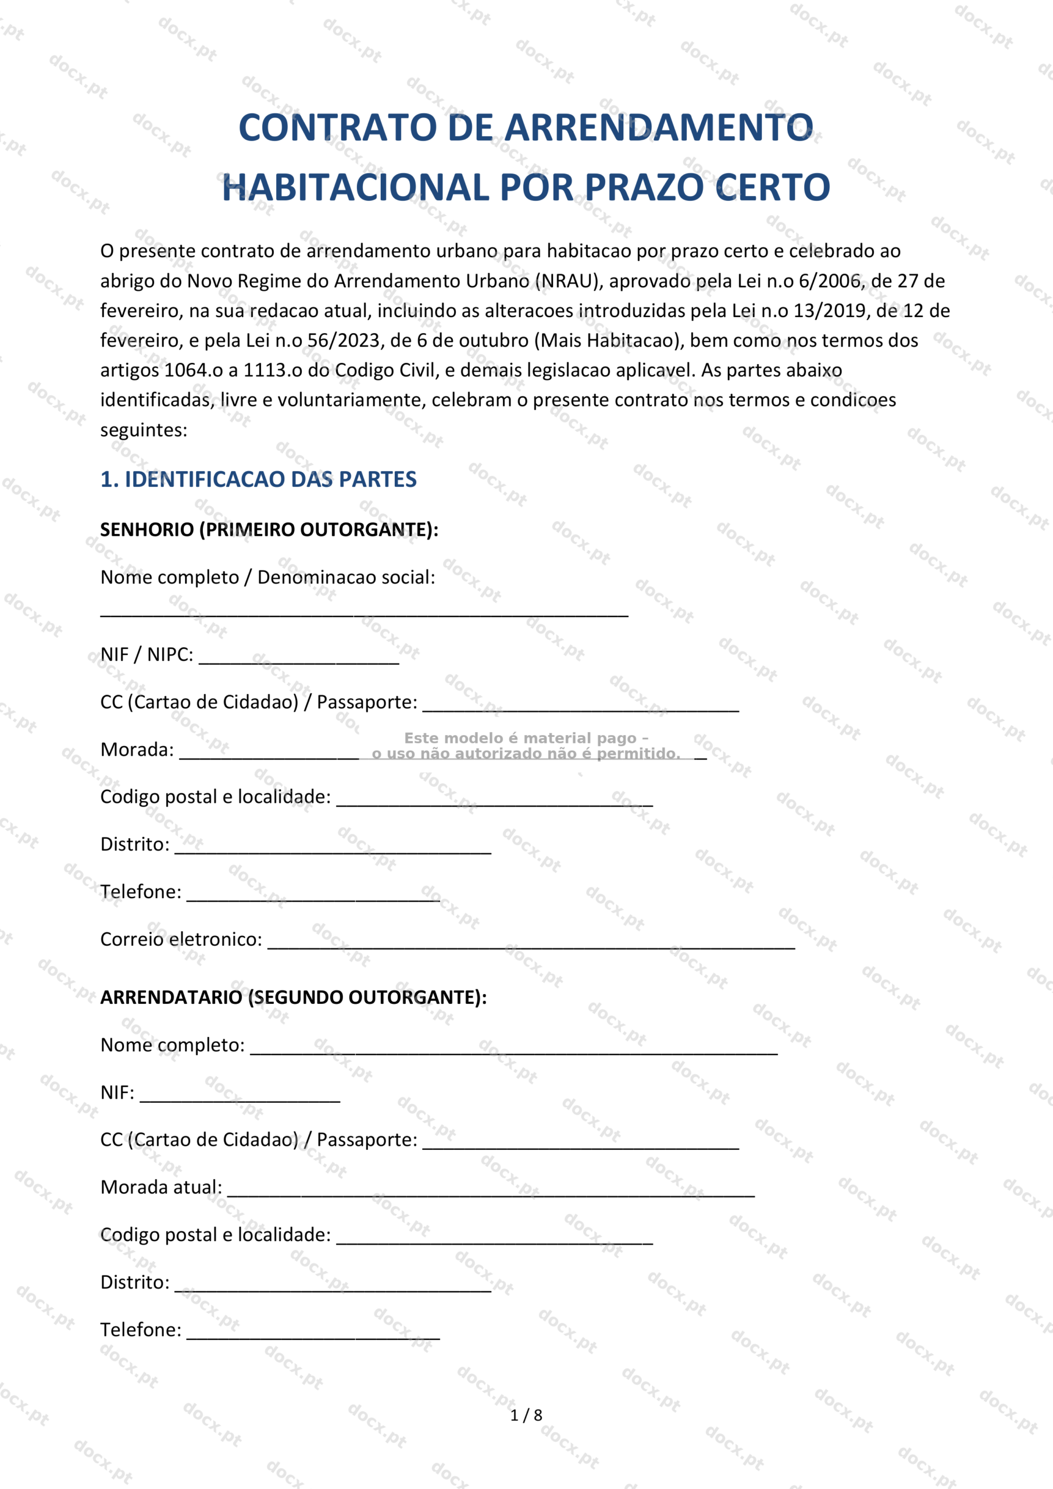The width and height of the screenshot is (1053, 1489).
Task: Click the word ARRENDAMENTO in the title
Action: [x=659, y=128]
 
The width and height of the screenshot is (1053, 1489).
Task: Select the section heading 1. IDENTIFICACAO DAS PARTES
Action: [x=258, y=479]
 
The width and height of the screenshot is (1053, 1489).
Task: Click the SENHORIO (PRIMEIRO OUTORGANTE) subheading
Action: [x=269, y=530]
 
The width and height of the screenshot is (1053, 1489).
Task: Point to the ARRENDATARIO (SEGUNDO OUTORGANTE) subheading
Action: [x=293, y=998]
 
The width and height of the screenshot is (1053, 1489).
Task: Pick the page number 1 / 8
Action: [x=526, y=1415]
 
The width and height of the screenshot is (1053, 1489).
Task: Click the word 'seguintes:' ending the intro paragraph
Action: [x=143, y=430]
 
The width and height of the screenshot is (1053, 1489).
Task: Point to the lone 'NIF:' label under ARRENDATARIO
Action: [x=117, y=1093]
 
